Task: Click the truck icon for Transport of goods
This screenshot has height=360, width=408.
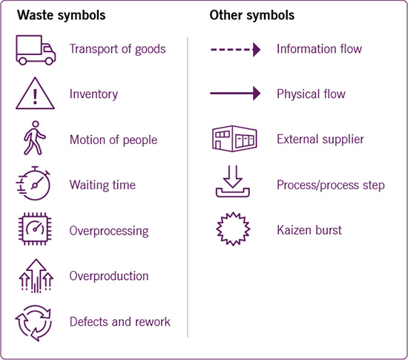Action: tap(36, 50)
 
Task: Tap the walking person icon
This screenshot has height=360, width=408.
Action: tap(34, 138)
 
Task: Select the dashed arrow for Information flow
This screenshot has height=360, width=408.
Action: tap(235, 50)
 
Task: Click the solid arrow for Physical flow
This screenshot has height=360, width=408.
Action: tap(235, 94)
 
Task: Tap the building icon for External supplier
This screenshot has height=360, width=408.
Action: tap(234, 139)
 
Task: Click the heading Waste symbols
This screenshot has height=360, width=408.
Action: tap(62, 15)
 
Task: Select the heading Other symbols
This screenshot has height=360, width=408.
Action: tap(252, 15)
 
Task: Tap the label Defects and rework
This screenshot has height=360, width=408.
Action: tap(120, 321)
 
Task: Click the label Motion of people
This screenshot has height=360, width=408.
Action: tap(113, 140)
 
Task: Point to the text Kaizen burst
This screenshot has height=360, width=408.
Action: tap(309, 230)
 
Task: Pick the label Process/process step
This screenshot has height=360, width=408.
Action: tap(331, 185)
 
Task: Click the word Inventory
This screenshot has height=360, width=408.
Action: tap(93, 94)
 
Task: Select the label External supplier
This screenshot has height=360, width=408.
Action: tap(320, 140)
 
